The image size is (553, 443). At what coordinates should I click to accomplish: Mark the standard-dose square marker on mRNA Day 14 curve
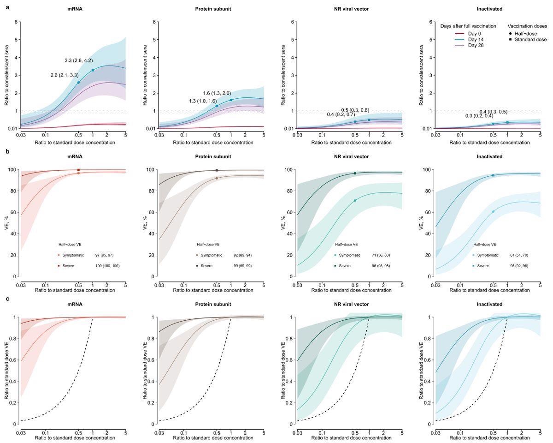(x=93, y=70)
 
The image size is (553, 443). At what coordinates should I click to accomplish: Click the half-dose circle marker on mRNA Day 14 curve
(x=78, y=83)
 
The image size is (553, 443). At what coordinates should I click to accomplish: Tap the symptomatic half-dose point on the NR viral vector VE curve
(x=355, y=201)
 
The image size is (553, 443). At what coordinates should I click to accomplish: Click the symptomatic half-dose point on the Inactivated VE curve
(x=493, y=211)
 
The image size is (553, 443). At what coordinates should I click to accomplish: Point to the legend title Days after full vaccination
(x=468, y=26)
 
